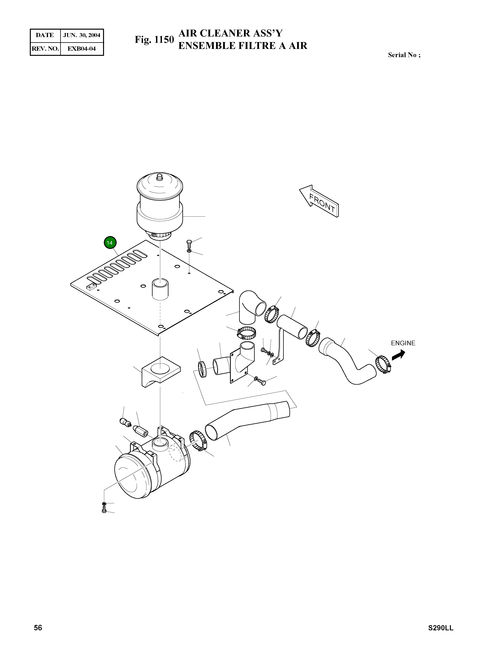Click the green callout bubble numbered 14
coord(110,243)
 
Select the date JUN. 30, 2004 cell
coord(82,35)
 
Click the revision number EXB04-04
coord(81,49)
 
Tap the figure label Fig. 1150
coord(154,40)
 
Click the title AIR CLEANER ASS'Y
coord(230,33)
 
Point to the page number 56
coord(38,628)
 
